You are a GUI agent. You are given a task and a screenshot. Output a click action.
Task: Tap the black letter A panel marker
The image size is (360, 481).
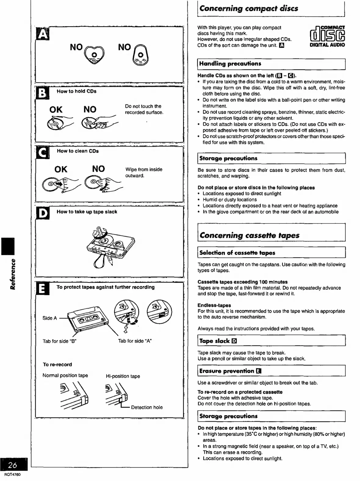click(42, 34)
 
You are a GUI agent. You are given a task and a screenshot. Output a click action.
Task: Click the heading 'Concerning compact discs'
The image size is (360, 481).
click(249, 9)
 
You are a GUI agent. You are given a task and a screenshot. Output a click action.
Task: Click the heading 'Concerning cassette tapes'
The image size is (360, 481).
click(250, 235)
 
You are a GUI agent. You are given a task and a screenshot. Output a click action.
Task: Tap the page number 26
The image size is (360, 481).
click(13, 465)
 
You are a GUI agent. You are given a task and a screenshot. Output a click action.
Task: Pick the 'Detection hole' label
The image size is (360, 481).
click(147, 407)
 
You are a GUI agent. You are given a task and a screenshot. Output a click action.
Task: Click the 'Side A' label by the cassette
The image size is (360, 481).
click(49, 318)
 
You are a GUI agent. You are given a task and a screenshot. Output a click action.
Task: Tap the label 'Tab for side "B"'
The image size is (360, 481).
click(59, 341)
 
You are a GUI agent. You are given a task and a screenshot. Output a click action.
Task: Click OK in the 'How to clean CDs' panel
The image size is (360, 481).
click(61, 169)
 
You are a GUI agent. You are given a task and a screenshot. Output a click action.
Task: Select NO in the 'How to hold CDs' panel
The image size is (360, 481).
click(90, 109)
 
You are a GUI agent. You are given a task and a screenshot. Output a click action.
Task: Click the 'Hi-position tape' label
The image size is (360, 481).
click(123, 376)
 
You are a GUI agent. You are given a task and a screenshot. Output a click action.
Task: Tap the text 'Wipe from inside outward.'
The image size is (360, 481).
click(144, 173)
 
